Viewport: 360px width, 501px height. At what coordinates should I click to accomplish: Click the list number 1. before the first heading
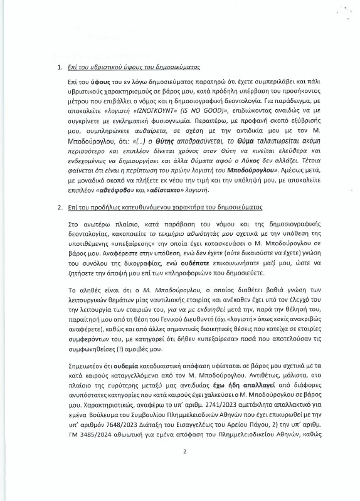coord(59,67)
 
